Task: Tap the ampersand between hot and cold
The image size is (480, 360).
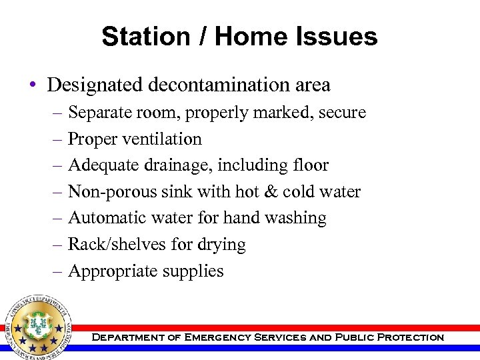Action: pos(270,192)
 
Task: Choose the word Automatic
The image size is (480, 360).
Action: pos(107,218)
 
